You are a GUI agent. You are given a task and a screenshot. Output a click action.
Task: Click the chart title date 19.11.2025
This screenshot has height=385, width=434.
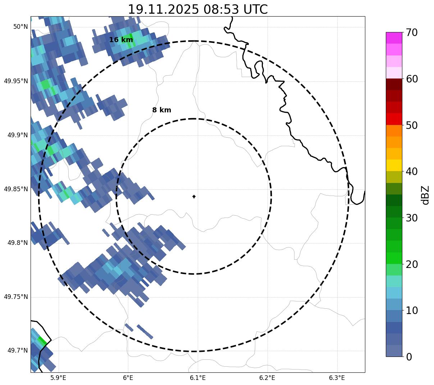[x=163, y=9]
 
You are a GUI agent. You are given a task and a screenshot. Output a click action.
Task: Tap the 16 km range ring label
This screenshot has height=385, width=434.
[x=121, y=40]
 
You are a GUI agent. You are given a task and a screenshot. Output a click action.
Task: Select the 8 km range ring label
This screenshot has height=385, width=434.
[x=161, y=110]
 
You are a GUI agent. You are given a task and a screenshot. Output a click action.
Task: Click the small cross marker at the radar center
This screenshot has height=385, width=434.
[x=194, y=197]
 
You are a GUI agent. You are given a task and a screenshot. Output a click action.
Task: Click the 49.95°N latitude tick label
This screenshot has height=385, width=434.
[x=16, y=81]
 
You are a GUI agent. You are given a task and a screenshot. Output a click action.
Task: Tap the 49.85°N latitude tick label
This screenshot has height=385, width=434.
[x=16, y=189]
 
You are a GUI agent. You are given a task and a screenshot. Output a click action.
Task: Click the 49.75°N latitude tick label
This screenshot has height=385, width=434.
[x=16, y=297]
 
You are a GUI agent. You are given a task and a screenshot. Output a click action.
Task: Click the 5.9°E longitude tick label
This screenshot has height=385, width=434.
[x=58, y=378]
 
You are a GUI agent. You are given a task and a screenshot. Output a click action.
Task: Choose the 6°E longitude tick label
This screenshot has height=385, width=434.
[x=128, y=378]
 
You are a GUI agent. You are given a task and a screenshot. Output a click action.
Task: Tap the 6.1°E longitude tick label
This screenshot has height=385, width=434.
[x=198, y=378]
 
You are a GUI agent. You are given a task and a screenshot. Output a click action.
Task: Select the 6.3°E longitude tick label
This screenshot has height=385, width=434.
[x=337, y=378]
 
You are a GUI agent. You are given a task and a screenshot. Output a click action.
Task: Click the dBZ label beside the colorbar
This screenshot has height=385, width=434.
[x=425, y=195]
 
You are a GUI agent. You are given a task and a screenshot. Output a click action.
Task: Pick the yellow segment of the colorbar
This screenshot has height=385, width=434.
[x=394, y=165]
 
